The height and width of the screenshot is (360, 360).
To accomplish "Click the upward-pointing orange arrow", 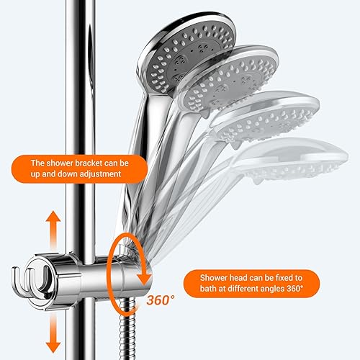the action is tap(53, 228).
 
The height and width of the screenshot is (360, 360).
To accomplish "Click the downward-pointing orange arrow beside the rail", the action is tap(53, 333).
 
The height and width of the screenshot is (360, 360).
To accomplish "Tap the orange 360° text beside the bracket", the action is tap(161, 300).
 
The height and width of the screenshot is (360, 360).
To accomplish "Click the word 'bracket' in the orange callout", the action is tap(89, 163).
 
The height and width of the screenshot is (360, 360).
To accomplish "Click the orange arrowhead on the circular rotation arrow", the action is tap(144, 278).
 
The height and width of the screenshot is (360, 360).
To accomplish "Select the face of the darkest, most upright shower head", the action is tap(189, 55).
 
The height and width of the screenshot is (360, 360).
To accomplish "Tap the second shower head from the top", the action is tap(229, 81).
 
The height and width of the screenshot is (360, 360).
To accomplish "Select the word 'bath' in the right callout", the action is tap(208, 289).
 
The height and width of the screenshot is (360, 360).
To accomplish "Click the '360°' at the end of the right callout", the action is tap(295, 289).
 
